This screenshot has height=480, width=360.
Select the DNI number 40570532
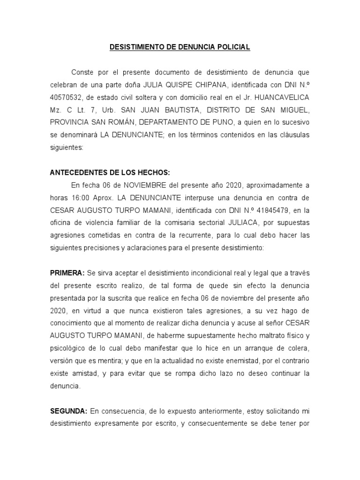[x=66, y=97]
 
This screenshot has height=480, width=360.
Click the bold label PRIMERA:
[x=67, y=273]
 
